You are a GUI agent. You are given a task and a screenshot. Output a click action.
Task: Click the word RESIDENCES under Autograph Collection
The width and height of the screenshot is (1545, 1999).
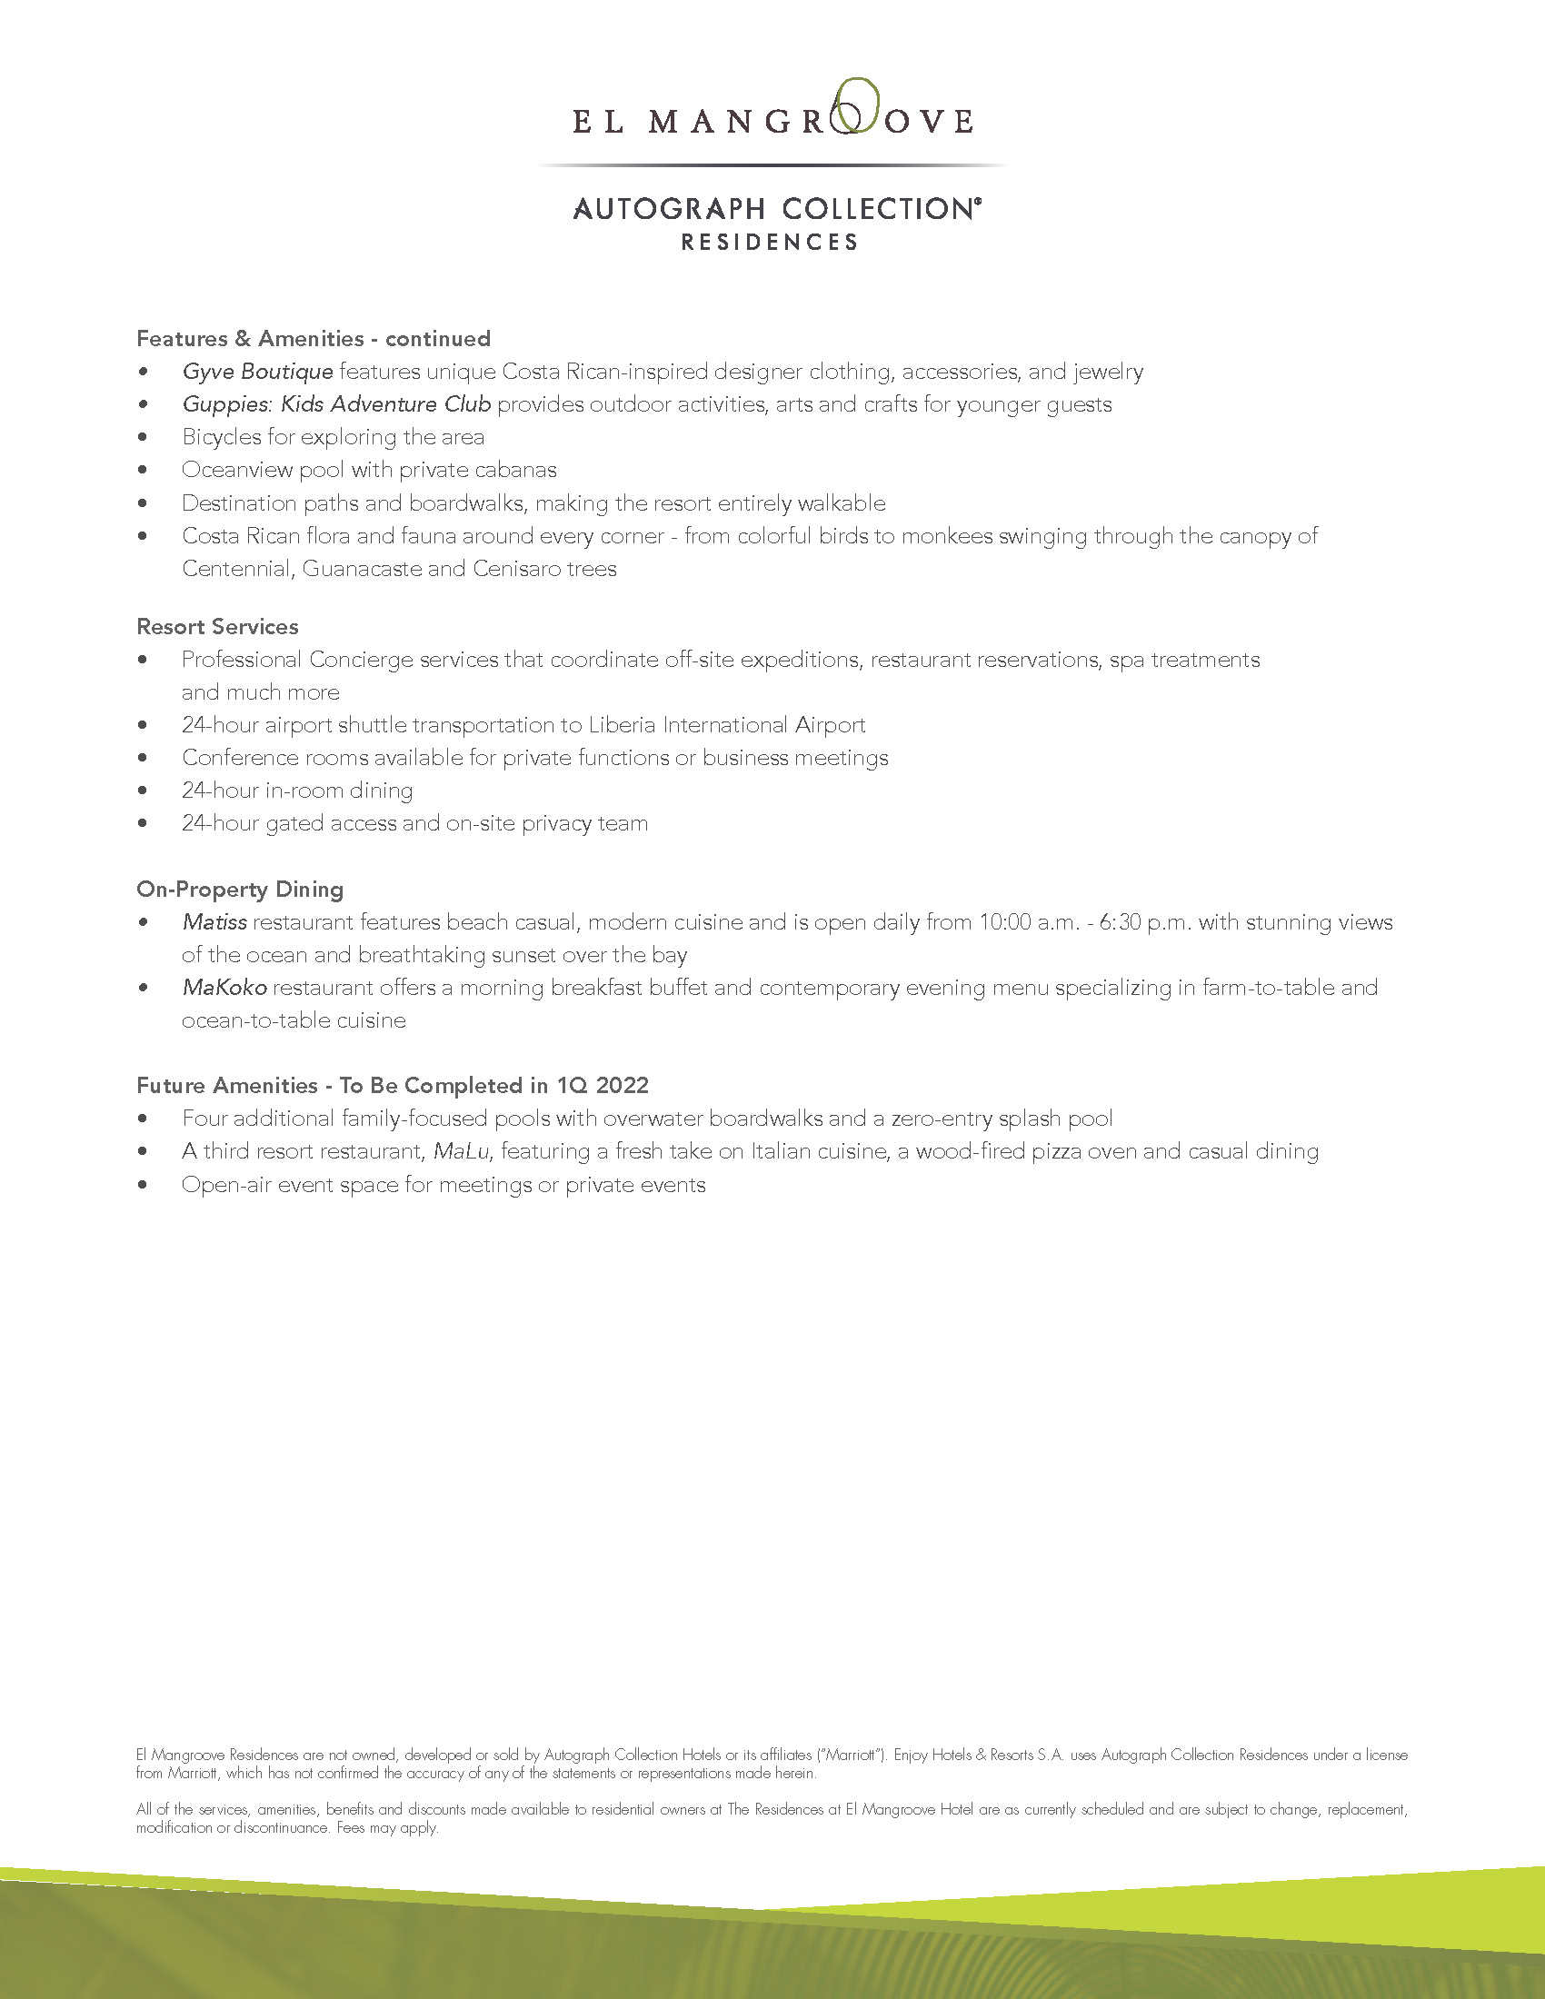click(770, 243)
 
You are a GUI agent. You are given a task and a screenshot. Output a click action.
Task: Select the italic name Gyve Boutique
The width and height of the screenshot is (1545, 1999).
click(257, 372)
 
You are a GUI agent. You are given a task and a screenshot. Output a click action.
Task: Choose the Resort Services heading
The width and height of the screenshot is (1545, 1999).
click(217, 627)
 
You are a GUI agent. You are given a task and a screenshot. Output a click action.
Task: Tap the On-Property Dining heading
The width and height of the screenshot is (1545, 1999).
click(240, 890)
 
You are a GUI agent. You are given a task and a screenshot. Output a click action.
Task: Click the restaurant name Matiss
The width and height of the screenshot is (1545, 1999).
click(214, 922)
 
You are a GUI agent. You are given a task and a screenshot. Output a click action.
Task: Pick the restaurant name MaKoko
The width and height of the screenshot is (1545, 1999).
click(224, 988)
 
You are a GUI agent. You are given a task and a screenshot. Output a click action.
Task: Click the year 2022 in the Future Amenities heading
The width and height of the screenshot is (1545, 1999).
click(622, 1086)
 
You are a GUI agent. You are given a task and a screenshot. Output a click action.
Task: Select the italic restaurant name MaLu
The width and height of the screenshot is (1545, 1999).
click(462, 1151)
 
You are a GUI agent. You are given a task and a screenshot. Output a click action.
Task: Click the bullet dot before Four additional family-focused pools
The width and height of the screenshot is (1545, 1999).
click(143, 1119)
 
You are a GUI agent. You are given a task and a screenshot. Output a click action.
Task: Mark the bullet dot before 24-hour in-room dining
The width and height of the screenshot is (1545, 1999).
click(143, 791)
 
